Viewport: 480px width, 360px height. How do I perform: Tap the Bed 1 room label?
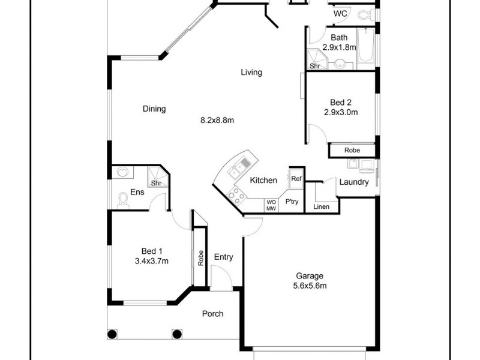(152, 251)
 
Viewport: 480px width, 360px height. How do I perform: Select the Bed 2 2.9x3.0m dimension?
(340, 112)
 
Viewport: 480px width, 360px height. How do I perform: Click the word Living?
(251, 73)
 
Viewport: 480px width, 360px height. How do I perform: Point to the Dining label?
(154, 109)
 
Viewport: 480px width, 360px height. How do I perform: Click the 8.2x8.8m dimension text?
(217, 120)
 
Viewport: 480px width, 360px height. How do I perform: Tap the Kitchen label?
(263, 180)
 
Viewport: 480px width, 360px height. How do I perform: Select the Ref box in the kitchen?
(296, 178)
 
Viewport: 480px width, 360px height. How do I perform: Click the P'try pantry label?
(292, 202)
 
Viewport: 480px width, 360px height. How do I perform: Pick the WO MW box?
(271, 205)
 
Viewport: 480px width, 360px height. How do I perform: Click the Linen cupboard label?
(322, 207)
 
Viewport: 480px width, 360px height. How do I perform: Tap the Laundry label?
(354, 182)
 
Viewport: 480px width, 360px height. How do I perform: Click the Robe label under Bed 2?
(352, 150)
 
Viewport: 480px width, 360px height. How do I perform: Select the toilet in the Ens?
(123, 199)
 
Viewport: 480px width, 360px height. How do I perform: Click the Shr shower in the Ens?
(156, 183)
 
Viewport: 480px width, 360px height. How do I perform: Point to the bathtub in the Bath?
(366, 47)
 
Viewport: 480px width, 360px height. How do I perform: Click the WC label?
(340, 13)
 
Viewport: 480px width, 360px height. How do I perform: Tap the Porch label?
(212, 314)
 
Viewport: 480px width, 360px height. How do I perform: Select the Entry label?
(223, 257)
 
